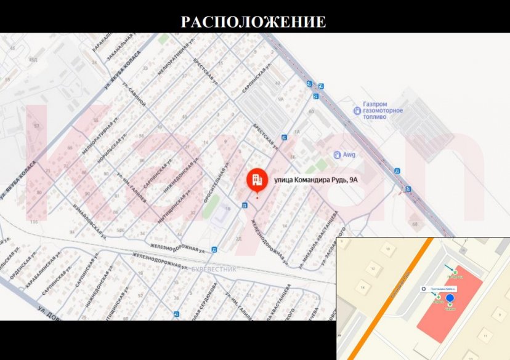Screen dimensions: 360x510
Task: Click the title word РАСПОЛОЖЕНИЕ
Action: [253, 22]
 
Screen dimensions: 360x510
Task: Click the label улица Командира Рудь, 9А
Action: [315, 180]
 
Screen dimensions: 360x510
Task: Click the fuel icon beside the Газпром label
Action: [357, 110]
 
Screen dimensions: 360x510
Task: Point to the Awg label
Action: [349, 154]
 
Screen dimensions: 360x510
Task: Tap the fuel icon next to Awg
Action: [336, 154]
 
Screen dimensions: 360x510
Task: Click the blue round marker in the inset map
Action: [450, 298]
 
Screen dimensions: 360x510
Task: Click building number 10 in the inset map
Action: [387, 249]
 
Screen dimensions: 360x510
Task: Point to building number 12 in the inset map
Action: [373, 268]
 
